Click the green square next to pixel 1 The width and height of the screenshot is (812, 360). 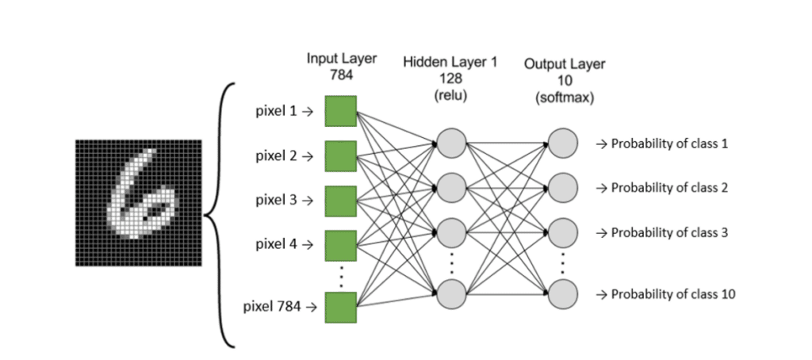point(340,111)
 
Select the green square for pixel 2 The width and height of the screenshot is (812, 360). point(340,155)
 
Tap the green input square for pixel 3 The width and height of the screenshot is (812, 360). point(340,200)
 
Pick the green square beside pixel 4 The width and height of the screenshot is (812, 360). point(340,244)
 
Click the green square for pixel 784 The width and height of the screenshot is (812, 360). point(340,307)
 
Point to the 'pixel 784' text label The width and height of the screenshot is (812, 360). point(272,307)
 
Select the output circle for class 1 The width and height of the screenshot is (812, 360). point(562,144)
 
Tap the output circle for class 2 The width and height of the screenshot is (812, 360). point(562,188)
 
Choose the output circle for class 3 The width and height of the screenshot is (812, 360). point(562,232)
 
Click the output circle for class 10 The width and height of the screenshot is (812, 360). point(562,293)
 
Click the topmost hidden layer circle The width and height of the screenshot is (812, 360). point(450,144)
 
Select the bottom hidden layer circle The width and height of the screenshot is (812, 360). point(450,293)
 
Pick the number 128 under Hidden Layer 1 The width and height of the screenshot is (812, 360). point(450,79)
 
